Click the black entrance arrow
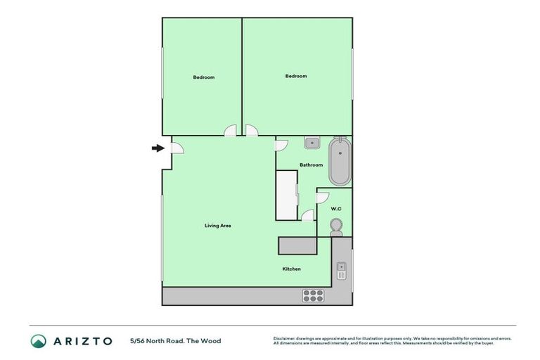157,148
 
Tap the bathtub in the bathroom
339,162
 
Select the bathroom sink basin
311,143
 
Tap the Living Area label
217,226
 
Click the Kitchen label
292,269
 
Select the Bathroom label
311,165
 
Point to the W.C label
335,208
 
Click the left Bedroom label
203,77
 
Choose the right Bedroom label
296,76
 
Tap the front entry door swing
177,148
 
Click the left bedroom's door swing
231,131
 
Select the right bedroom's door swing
252,131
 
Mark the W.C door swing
323,199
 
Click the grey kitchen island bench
299,245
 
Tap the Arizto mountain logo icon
39,341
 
